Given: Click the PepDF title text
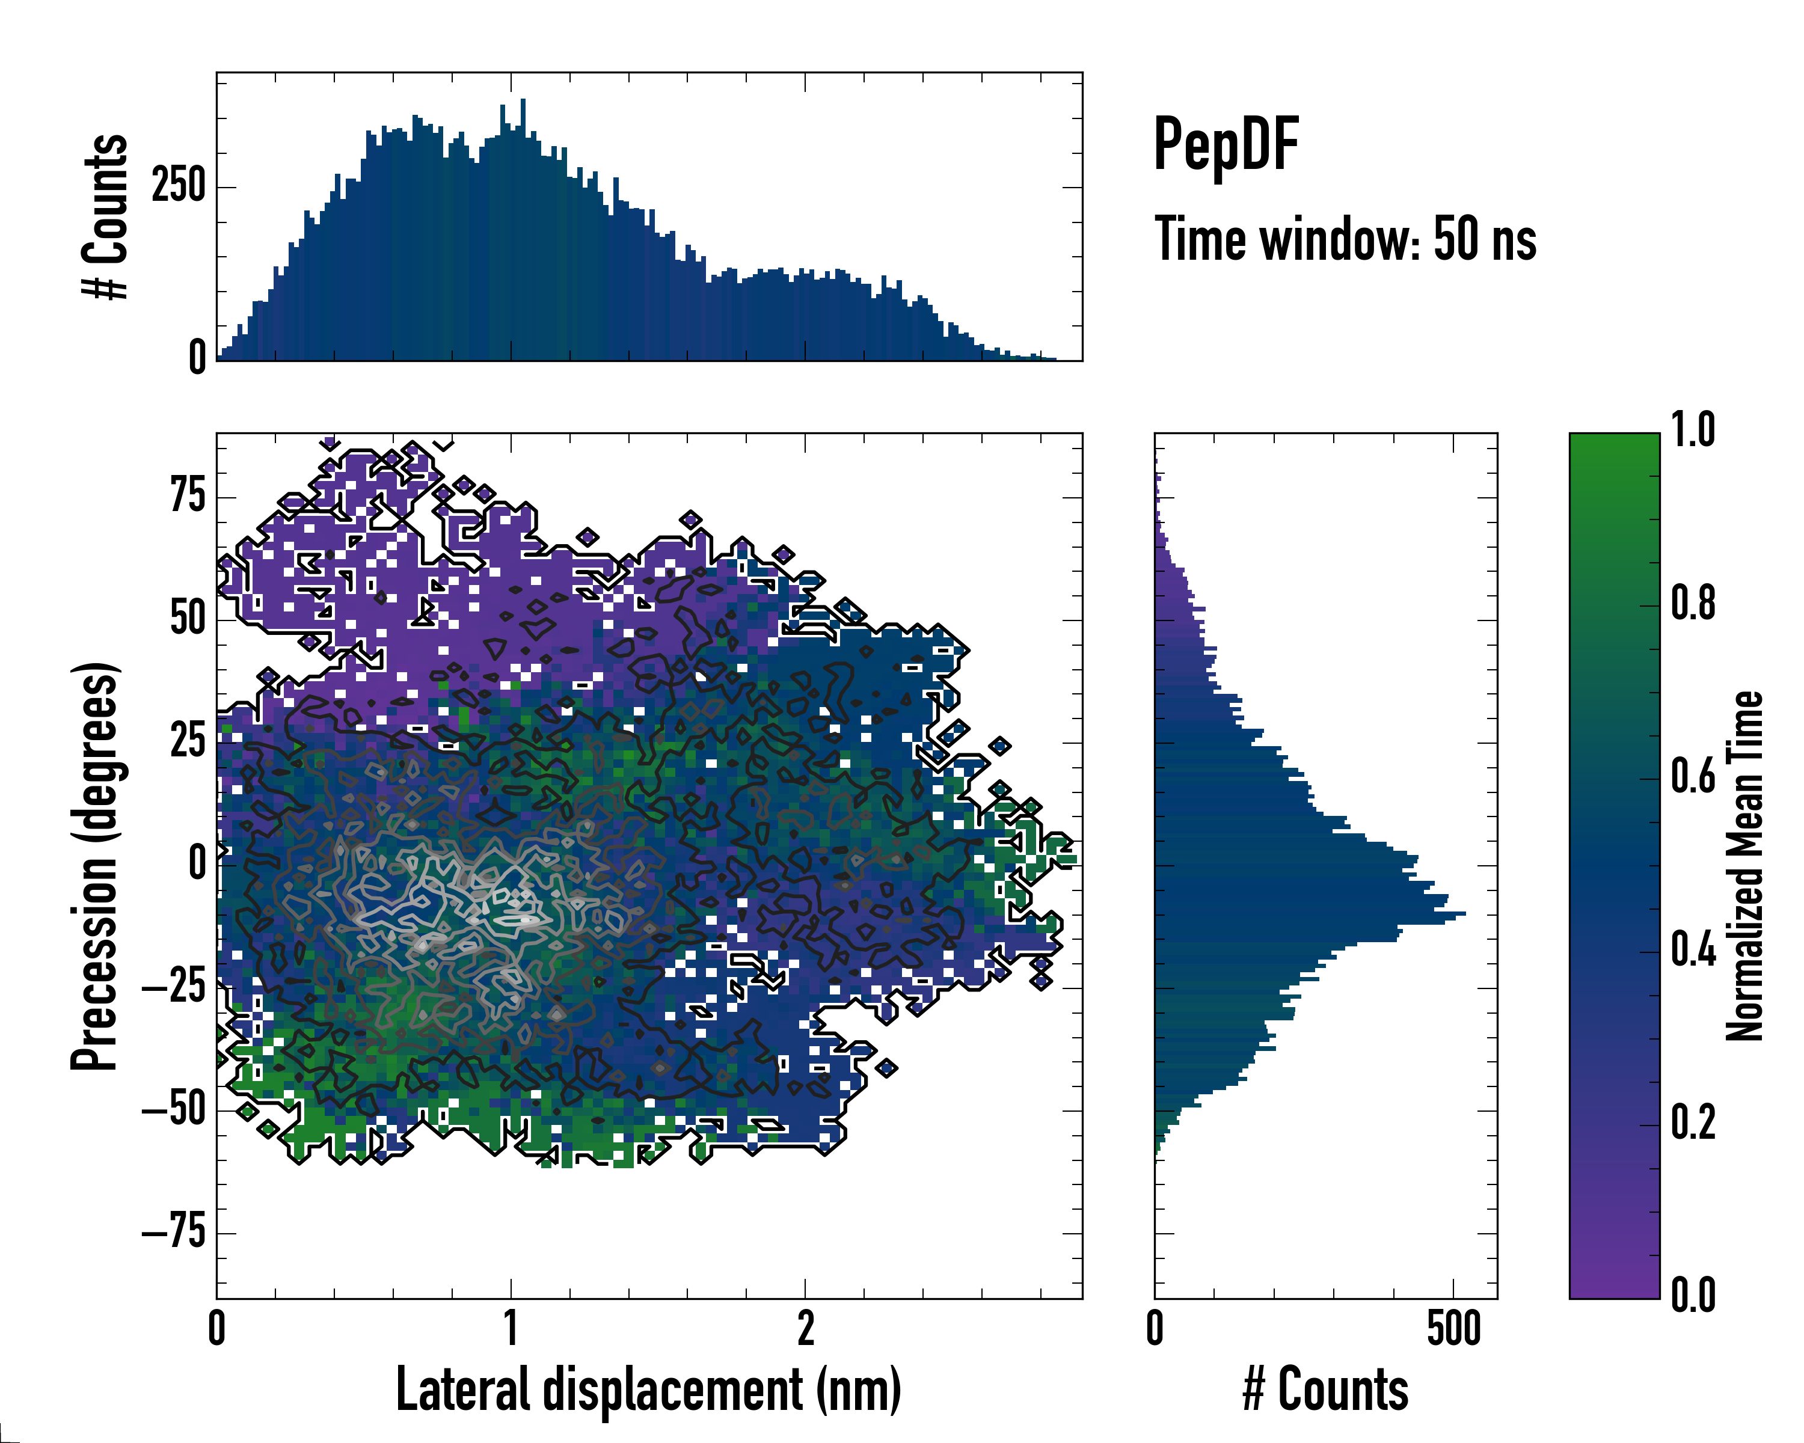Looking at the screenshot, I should coord(1226,145).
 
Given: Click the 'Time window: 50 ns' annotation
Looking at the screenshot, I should coord(1345,239).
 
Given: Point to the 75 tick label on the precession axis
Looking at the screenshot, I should coord(188,496).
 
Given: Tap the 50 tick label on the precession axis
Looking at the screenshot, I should coord(188,619).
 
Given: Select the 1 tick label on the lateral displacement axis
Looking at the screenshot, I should coord(511,1328).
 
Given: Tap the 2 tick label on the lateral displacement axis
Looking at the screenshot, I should coord(805,1328).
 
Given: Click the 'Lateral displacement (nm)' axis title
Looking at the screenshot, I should coord(648,1390).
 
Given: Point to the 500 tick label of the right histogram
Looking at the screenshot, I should coord(1453,1328).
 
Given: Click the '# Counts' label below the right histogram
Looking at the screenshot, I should coord(1325,1390).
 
